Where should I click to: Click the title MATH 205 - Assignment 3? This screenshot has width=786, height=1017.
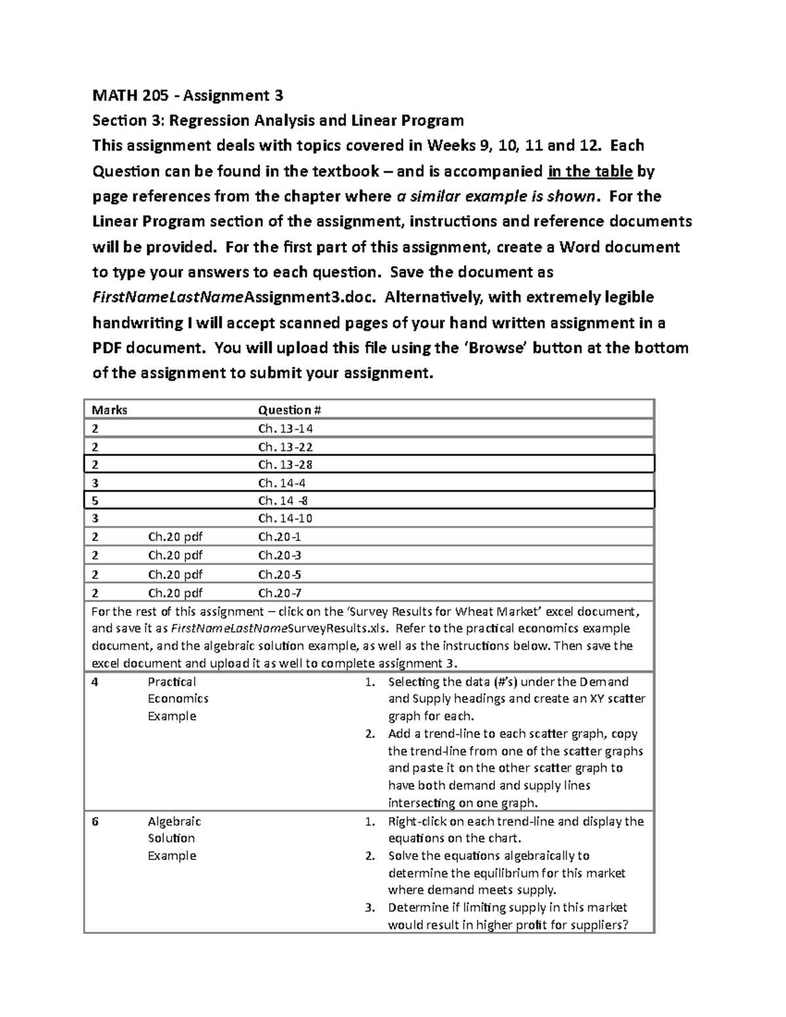187,96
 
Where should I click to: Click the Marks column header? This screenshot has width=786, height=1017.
109,410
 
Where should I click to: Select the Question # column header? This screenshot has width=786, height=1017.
290,410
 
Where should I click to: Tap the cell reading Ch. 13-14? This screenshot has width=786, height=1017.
286,429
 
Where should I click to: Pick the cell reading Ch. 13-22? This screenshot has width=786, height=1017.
286,447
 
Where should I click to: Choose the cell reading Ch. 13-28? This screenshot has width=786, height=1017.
286,465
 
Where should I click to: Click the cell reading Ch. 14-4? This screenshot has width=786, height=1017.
282,483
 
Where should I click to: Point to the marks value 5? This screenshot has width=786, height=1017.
96,501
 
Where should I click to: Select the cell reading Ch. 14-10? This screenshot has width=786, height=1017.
286,519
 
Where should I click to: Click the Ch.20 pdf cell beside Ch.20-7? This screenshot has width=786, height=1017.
175,593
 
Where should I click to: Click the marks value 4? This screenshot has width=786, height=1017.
96,682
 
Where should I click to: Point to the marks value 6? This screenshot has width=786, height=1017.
96,821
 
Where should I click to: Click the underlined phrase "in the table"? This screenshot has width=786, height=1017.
589,172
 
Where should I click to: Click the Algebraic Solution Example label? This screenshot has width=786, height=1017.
174,838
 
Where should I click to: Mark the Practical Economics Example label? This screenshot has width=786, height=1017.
178,699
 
